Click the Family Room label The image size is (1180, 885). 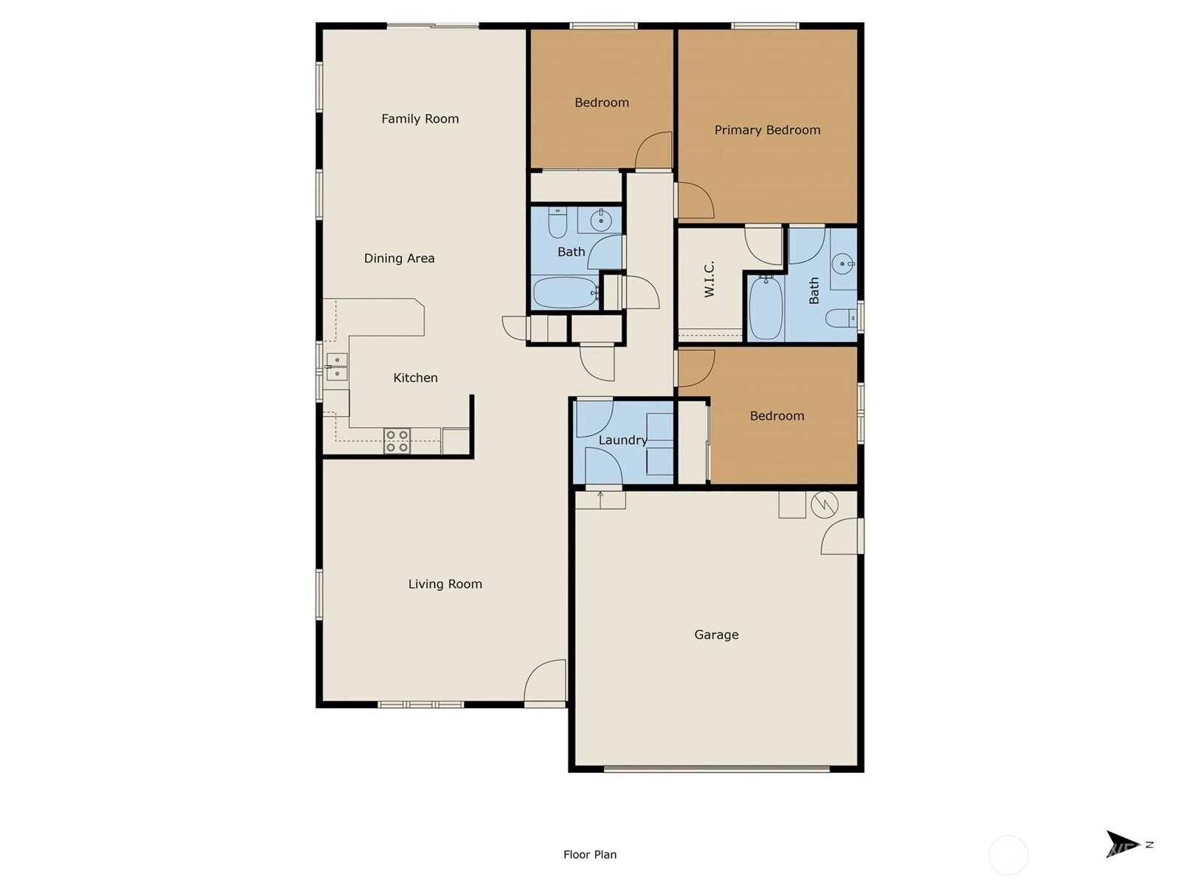point(420,119)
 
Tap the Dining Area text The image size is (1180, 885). point(399,258)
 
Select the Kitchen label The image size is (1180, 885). point(415,378)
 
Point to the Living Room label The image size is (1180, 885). point(445,584)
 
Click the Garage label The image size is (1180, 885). point(716,634)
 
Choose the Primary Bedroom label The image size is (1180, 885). point(767,130)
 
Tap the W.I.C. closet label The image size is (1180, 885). point(709,279)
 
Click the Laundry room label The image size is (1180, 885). point(622,440)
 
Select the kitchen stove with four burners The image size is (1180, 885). point(397,441)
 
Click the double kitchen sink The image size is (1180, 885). point(336,367)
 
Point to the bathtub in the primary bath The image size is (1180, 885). point(766,308)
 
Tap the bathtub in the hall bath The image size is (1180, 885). point(566,292)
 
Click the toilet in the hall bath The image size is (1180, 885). point(558,223)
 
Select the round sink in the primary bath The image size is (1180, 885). point(842,264)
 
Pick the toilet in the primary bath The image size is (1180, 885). point(840,318)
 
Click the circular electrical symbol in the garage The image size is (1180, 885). point(824,505)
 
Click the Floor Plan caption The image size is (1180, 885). point(590,855)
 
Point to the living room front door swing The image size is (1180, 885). point(545,680)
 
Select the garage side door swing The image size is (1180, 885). point(841,535)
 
